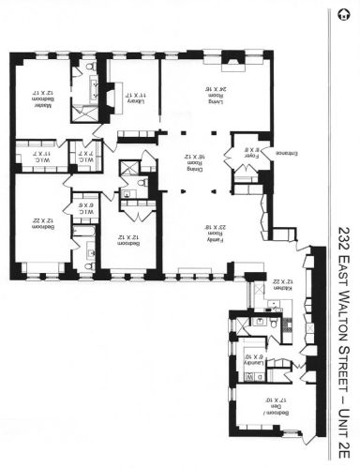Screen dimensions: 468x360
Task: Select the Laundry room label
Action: pyautogui.click(x=252, y=355)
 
